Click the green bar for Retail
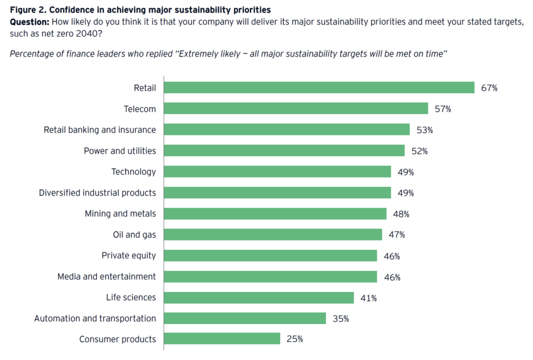tap(319, 87)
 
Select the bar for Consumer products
tap(222, 339)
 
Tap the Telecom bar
tap(296, 109)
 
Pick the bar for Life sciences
tap(259, 298)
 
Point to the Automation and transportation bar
tap(245, 318)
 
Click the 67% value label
tap(489, 88)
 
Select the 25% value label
tap(295, 339)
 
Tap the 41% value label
tap(369, 298)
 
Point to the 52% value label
tap(419, 151)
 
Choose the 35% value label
tap(340, 319)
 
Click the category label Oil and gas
tap(134, 235)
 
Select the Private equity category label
tap(129, 255)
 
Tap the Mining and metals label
tap(120, 213)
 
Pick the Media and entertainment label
tap(106, 276)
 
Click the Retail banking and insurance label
tap(99, 130)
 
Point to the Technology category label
tap(133, 172)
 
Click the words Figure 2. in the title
tap(28, 9)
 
